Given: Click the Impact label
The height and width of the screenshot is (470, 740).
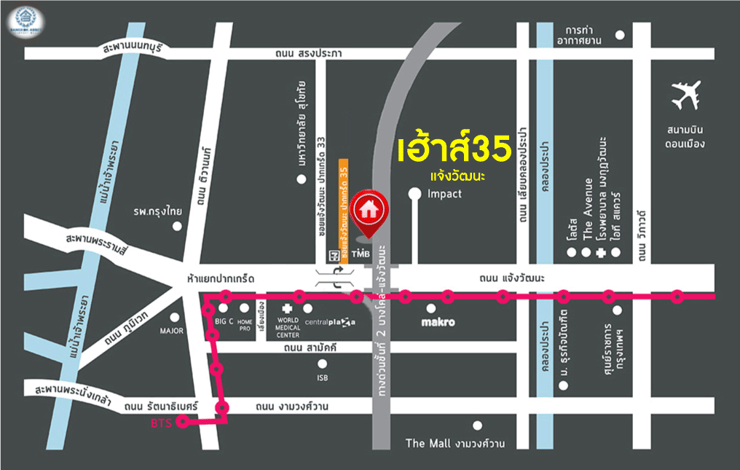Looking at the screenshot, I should pos(444,194).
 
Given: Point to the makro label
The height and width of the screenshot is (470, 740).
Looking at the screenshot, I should pos(438,321).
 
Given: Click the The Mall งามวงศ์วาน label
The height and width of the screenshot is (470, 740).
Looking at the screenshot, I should pos(455,443).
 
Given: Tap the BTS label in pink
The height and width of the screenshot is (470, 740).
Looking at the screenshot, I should pos(162,423).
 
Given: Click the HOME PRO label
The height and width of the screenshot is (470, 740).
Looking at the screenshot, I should pos(245,324).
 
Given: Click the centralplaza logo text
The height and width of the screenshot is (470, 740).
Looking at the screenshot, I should pos(330,322).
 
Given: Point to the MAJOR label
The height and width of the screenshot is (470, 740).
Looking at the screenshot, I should pos(172,331).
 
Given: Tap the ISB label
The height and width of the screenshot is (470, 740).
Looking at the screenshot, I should pos(323,378).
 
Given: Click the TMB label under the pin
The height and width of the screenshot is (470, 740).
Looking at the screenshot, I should pos(362,254).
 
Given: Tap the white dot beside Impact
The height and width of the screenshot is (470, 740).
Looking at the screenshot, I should pos(414,194).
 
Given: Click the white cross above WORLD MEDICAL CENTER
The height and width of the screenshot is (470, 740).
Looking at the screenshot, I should pos(298,308).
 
